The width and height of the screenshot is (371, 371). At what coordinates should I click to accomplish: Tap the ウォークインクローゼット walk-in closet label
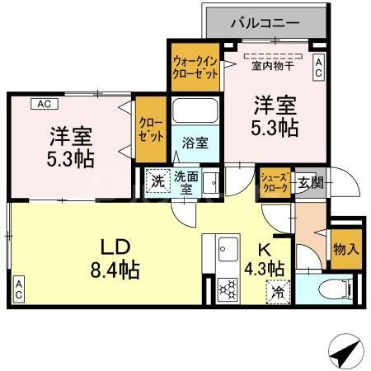(x=195, y=66)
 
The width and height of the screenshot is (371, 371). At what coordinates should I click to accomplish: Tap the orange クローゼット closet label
(x=151, y=129)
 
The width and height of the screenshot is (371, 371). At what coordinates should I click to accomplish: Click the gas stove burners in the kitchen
(x=228, y=291)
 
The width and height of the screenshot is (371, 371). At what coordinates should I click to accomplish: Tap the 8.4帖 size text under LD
(x=115, y=269)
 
